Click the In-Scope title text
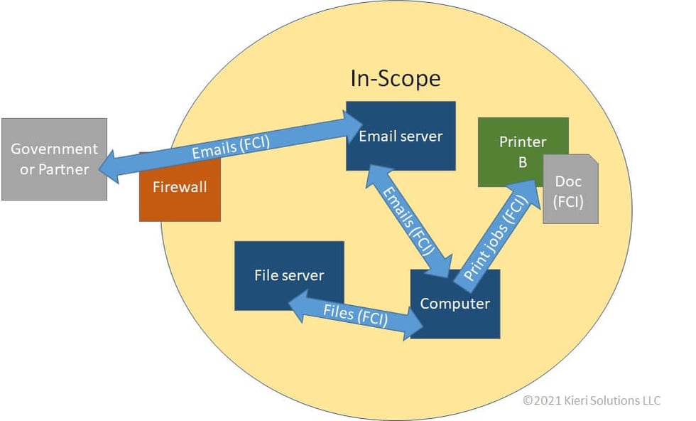(x=396, y=78)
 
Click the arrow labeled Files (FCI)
(x=355, y=314)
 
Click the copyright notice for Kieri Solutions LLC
(x=592, y=400)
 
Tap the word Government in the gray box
(x=54, y=149)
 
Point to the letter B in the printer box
(x=522, y=162)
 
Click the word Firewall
(x=180, y=187)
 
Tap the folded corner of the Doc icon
(x=591, y=161)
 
